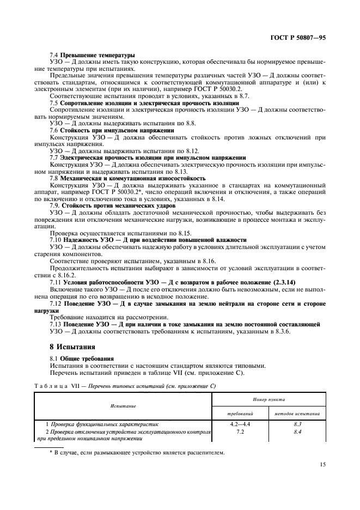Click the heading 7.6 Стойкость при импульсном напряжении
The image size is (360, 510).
coord(112,130)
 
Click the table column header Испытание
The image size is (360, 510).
coord(123,406)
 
